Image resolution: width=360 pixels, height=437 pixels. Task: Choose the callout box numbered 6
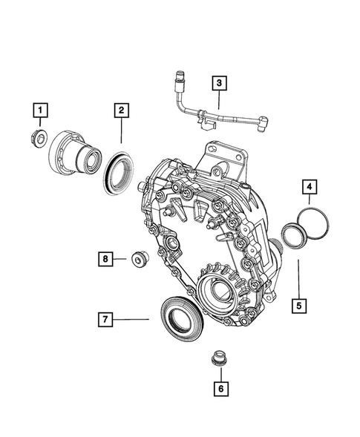[219, 386]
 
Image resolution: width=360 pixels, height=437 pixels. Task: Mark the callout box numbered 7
[106, 320]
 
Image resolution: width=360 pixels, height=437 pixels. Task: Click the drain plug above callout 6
[218, 357]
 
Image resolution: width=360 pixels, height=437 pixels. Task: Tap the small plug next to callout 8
[137, 259]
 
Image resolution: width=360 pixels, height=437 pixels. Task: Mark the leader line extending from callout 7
[132, 320]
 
